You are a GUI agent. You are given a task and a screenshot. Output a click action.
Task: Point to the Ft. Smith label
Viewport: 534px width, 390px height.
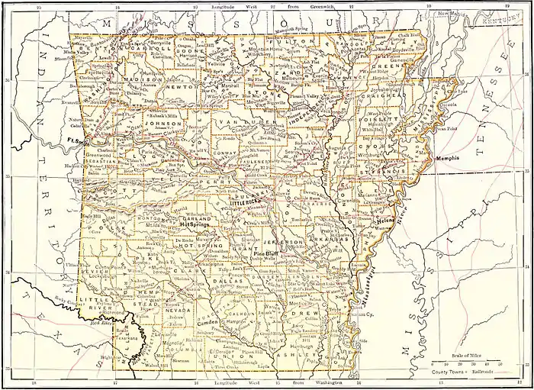click(x=79, y=141)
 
